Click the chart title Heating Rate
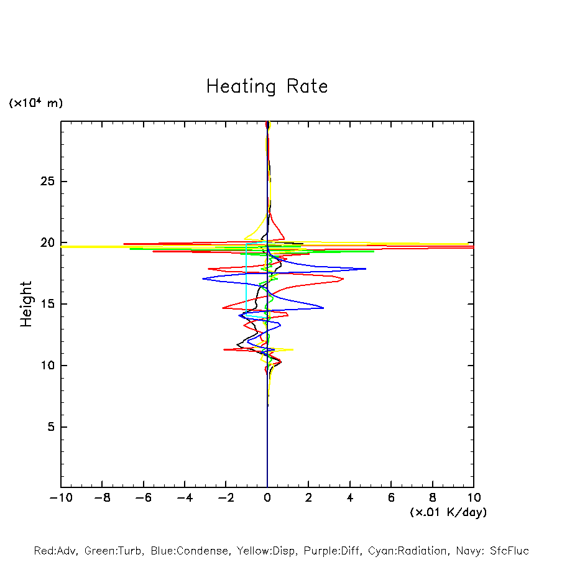point(267,86)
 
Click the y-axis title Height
point(25,304)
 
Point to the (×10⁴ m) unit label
point(35,103)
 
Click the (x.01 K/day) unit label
point(448,512)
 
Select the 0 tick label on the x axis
point(267,497)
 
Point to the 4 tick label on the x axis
point(350,497)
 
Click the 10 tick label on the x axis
point(474,497)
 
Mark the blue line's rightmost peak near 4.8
point(366,269)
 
